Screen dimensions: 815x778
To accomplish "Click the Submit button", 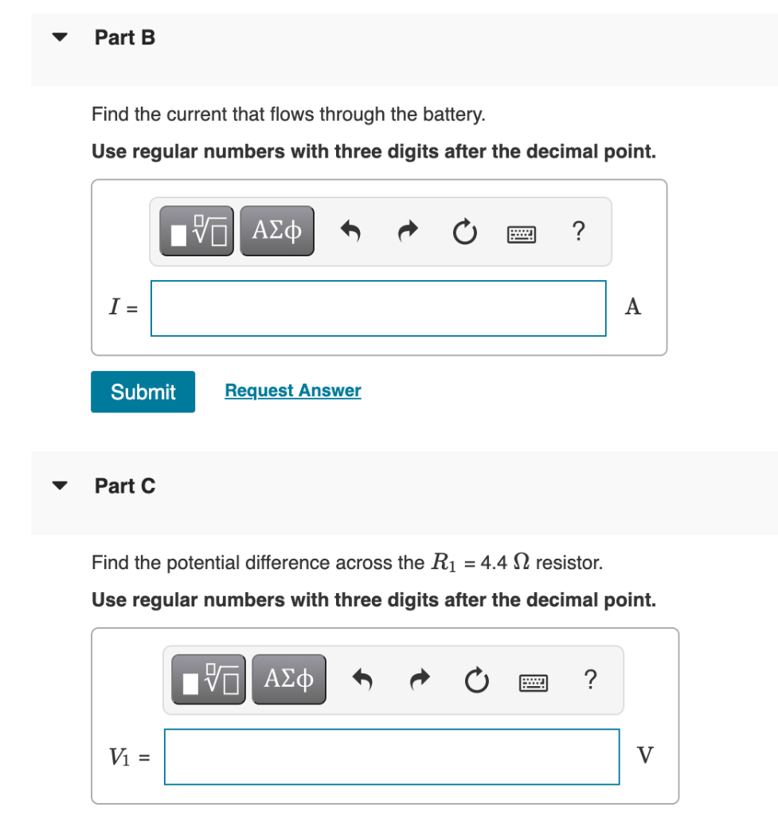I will [143, 392].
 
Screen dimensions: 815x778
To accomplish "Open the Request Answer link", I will [292, 391].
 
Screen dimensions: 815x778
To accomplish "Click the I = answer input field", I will [378, 308].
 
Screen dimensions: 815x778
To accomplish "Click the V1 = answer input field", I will [392, 756].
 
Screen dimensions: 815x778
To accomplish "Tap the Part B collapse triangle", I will [59, 37].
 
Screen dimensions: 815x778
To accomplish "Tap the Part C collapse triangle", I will [59, 485].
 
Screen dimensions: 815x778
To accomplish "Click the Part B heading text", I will [125, 37].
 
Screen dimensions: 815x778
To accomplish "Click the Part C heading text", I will [125, 485].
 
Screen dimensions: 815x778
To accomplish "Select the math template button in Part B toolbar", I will [197, 232].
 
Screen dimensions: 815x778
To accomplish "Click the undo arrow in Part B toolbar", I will [350, 232].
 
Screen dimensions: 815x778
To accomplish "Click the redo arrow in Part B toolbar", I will [408, 232].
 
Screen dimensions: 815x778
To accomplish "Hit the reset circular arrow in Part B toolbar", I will [465, 232].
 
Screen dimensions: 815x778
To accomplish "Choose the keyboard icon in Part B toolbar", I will [522, 233].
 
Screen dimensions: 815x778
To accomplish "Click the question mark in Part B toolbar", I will [578, 232].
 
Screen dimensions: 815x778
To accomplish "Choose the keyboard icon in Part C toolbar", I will [534, 682].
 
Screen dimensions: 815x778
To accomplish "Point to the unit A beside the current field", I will [633, 307].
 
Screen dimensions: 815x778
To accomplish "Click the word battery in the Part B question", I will [453, 115].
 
